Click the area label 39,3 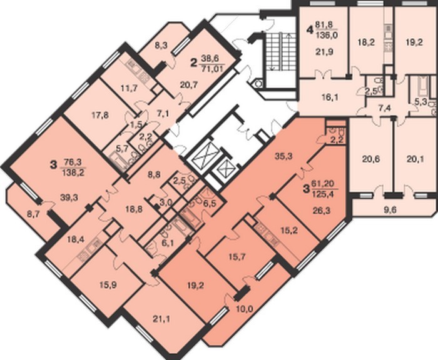pyautogui.click(x=69, y=197)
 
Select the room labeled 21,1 pyautogui.click(x=161, y=319)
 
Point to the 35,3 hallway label pyautogui.click(x=283, y=156)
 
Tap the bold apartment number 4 pyautogui.click(x=310, y=29)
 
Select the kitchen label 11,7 pyautogui.click(x=129, y=89)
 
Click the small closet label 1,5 pyautogui.click(x=137, y=124)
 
